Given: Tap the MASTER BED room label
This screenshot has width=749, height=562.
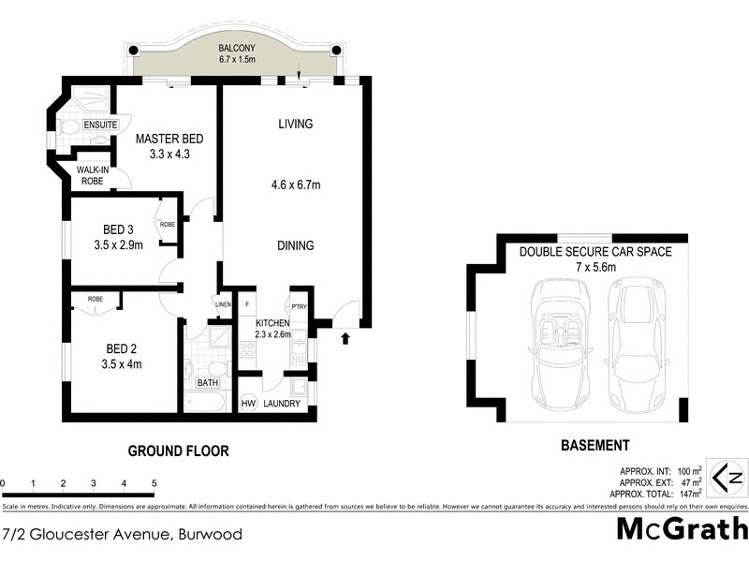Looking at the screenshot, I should pos(169,139).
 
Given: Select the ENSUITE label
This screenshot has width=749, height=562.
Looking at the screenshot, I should pos(99,125).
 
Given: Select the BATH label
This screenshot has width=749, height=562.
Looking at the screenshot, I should pos(207,383).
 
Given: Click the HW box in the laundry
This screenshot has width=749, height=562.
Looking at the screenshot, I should pos(248,404).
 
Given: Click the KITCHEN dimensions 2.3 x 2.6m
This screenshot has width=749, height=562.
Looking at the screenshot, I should pos(272,333).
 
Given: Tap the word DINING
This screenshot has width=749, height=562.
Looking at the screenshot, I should pos(295,245).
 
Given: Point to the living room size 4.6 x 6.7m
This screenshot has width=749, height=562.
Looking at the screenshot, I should pos(296,185).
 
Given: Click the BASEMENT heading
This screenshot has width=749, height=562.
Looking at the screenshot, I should pos(595,446).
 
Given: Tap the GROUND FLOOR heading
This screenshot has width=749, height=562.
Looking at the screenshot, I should pos(178,451).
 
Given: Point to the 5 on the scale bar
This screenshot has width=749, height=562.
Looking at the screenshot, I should pos(154,484).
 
